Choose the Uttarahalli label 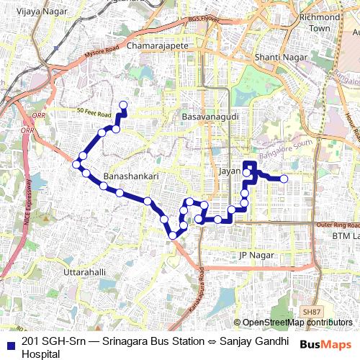85,273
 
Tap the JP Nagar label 257,255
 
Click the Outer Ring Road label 337,225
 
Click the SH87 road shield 312,311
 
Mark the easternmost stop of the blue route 284,179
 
